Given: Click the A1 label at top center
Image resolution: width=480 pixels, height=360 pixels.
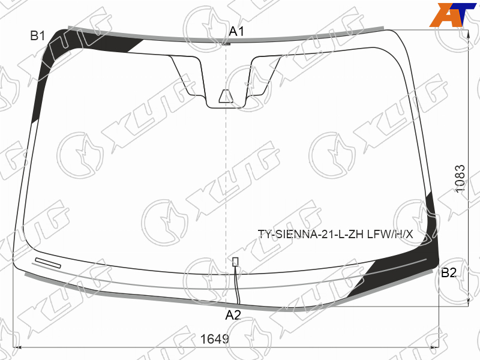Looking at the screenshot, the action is pyautogui.click(x=236, y=31).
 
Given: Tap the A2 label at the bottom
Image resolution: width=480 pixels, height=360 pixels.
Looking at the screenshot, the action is pyautogui.click(x=233, y=315).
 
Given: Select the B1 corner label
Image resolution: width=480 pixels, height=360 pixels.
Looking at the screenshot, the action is pyautogui.click(x=37, y=36).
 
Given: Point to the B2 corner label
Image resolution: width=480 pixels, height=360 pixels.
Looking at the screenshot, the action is pyautogui.click(x=449, y=272).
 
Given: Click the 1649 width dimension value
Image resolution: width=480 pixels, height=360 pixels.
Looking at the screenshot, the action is pyautogui.click(x=214, y=339).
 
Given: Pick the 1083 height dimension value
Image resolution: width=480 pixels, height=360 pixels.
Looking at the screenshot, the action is pyautogui.click(x=460, y=179).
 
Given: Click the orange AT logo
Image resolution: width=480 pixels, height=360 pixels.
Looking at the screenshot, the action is pyautogui.click(x=452, y=14).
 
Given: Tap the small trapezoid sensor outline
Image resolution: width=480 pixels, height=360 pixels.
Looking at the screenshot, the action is pyautogui.click(x=226, y=96).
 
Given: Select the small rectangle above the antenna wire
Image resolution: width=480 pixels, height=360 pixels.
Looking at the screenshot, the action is pyautogui.click(x=235, y=262).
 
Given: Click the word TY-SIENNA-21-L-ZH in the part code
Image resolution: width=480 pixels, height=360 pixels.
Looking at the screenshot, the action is pyautogui.click(x=311, y=235).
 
